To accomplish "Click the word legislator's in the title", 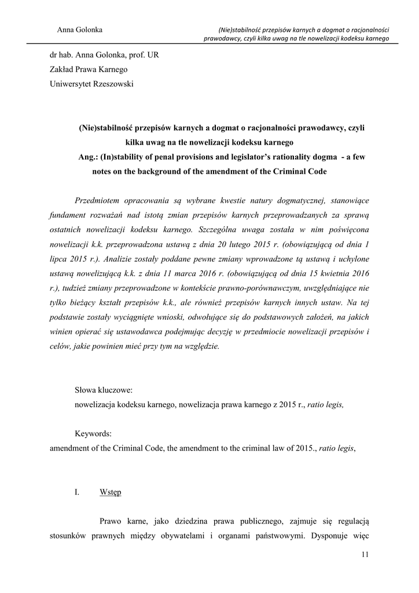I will pos(217,156).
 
